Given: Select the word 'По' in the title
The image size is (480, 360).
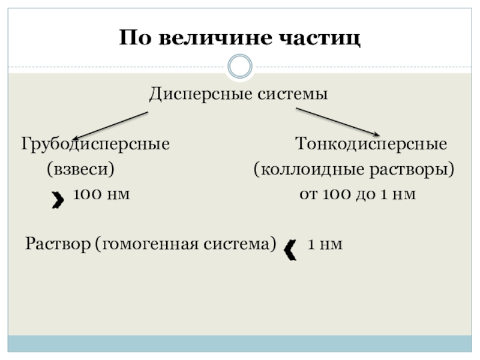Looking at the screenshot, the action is [133, 39].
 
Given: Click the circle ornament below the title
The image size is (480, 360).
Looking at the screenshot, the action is [240, 66].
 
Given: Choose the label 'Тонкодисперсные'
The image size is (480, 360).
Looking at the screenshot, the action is [371, 145].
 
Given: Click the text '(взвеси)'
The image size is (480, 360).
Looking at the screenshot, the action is [81, 170].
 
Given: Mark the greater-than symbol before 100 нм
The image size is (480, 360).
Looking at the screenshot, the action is [58, 200].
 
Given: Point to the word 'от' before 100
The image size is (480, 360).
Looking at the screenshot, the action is [308, 195].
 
